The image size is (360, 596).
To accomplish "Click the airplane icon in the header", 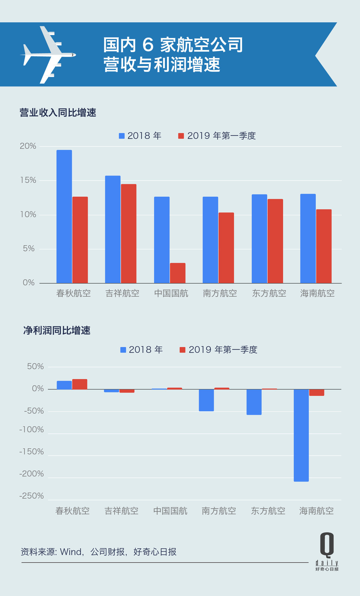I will tap(49, 55).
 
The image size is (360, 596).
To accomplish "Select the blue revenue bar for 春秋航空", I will tap(64, 217).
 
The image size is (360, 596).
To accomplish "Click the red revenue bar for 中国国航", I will tap(178, 273).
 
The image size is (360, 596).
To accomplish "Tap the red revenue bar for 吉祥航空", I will tap(129, 233).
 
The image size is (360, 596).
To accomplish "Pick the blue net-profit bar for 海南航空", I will tap(301, 435).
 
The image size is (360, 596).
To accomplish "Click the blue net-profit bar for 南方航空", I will tap(206, 400).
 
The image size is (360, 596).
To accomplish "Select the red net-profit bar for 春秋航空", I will tap(80, 384).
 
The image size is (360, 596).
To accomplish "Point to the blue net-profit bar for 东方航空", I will tap(254, 402).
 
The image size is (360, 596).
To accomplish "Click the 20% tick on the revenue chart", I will tap(28, 146).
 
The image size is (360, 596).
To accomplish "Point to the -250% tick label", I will tap(32, 496).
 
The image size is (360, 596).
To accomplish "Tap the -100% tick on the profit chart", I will tap(32, 429).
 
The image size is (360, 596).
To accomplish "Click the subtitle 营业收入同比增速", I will tap(58, 113).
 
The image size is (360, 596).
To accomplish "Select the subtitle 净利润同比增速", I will tap(57, 330).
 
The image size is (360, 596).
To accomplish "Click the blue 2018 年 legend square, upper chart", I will tap(122, 136).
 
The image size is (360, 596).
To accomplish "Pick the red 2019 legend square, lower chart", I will tap(182, 350).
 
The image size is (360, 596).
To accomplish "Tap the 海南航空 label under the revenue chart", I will tap(317, 293).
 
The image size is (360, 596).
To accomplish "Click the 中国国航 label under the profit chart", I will tap(170, 511).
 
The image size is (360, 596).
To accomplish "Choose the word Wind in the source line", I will tap(71, 552).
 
